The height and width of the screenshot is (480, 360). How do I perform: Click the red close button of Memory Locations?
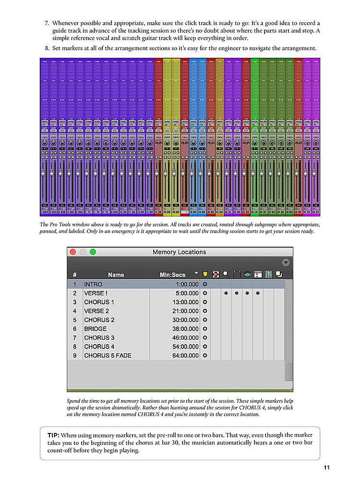point(73,252)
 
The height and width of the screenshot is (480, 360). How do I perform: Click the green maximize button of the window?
point(93,252)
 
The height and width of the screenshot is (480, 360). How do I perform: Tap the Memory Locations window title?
point(179,252)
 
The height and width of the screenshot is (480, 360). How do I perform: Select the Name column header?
point(116,275)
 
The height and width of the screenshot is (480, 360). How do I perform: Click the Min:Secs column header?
point(172,275)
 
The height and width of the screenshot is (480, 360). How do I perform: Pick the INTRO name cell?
point(93,284)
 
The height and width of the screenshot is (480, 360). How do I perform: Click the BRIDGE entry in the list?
point(96,329)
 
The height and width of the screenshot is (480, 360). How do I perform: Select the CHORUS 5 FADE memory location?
point(108,356)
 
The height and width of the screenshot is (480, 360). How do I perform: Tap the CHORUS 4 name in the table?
point(99,347)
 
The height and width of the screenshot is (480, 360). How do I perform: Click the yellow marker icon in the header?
point(205,275)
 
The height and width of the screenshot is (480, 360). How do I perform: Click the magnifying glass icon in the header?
point(225,275)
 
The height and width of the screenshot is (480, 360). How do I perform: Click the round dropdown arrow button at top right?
point(286,263)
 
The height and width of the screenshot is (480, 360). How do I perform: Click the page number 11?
point(326,468)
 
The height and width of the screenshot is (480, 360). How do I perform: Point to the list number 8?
point(47,48)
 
